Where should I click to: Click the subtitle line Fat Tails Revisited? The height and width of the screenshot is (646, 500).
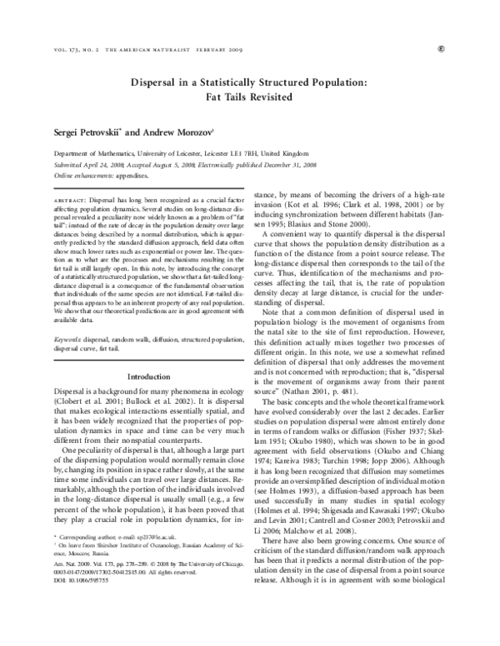tap(249, 97)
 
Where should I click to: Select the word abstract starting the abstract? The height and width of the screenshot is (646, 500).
tap(68, 201)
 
